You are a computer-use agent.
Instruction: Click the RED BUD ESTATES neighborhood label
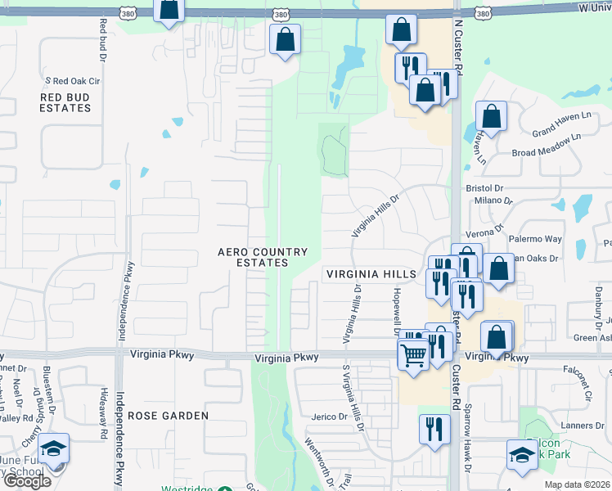(x=65, y=102)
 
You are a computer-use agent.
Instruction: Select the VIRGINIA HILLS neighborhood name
(x=371, y=274)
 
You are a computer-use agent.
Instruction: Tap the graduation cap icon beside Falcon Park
(x=522, y=455)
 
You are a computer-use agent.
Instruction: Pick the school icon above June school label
(x=54, y=449)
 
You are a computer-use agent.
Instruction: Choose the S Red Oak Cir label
(x=72, y=81)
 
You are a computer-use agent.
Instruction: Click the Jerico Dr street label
(x=330, y=417)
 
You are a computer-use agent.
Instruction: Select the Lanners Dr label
(x=583, y=426)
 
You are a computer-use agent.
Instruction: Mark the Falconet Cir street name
(x=578, y=381)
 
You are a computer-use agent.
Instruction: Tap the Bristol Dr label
(x=483, y=187)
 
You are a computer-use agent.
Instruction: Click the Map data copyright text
(x=577, y=484)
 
